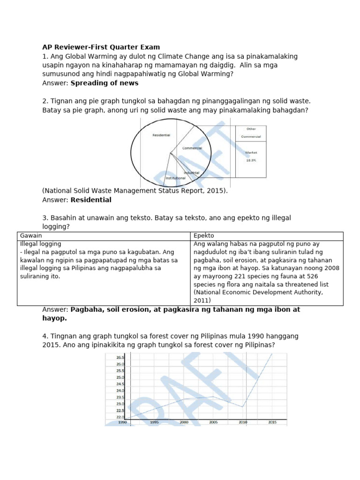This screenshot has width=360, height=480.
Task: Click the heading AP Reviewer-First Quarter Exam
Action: tap(101, 47)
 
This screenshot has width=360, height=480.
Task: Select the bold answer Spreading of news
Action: tap(105, 83)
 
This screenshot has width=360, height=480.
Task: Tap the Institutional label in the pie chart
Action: tap(174, 178)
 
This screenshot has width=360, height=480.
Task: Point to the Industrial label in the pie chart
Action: tap(191, 172)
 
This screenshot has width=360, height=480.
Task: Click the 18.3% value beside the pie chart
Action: tap(251, 160)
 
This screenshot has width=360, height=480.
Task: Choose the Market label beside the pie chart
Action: tap(251, 152)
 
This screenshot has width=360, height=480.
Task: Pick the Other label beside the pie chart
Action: tap(251, 129)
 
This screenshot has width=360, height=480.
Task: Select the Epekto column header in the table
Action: tap(204, 235)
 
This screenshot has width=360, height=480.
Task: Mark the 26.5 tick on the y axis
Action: tap(120, 358)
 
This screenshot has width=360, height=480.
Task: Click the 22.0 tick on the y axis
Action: tap(120, 417)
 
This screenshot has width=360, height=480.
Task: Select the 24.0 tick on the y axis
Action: tap(120, 390)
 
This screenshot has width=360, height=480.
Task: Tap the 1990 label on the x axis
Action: tap(122, 422)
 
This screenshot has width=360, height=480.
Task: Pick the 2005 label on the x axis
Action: tap(213, 422)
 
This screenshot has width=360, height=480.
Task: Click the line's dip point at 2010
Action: tap(242, 407)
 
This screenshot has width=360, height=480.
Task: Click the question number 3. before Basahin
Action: tap(45, 218)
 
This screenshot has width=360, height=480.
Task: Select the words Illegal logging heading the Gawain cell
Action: tap(41, 244)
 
